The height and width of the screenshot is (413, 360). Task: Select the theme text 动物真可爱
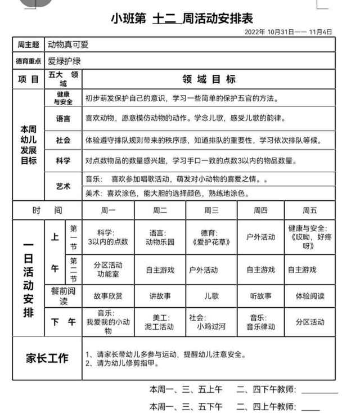click(68, 44)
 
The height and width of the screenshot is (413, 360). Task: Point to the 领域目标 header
click(209, 79)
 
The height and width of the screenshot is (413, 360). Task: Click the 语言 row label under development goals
click(64, 119)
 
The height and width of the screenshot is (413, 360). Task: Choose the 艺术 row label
click(64, 186)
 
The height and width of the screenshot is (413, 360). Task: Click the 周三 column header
click(211, 210)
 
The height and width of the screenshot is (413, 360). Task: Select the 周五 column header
click(310, 210)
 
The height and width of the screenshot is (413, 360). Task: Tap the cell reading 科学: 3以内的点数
click(108, 237)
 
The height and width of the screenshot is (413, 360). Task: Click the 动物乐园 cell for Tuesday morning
click(160, 237)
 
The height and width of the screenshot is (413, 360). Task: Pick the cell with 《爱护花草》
click(211, 237)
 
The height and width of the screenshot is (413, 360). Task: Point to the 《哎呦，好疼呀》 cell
click(310, 237)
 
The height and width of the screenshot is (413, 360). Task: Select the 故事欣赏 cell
click(108, 295)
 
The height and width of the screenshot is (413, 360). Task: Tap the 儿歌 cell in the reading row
click(211, 295)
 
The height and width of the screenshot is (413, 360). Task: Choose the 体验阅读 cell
click(310, 295)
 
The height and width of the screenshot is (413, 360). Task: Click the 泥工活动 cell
click(160, 322)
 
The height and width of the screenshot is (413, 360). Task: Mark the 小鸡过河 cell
click(211, 322)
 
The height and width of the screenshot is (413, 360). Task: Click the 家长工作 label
click(47, 358)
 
